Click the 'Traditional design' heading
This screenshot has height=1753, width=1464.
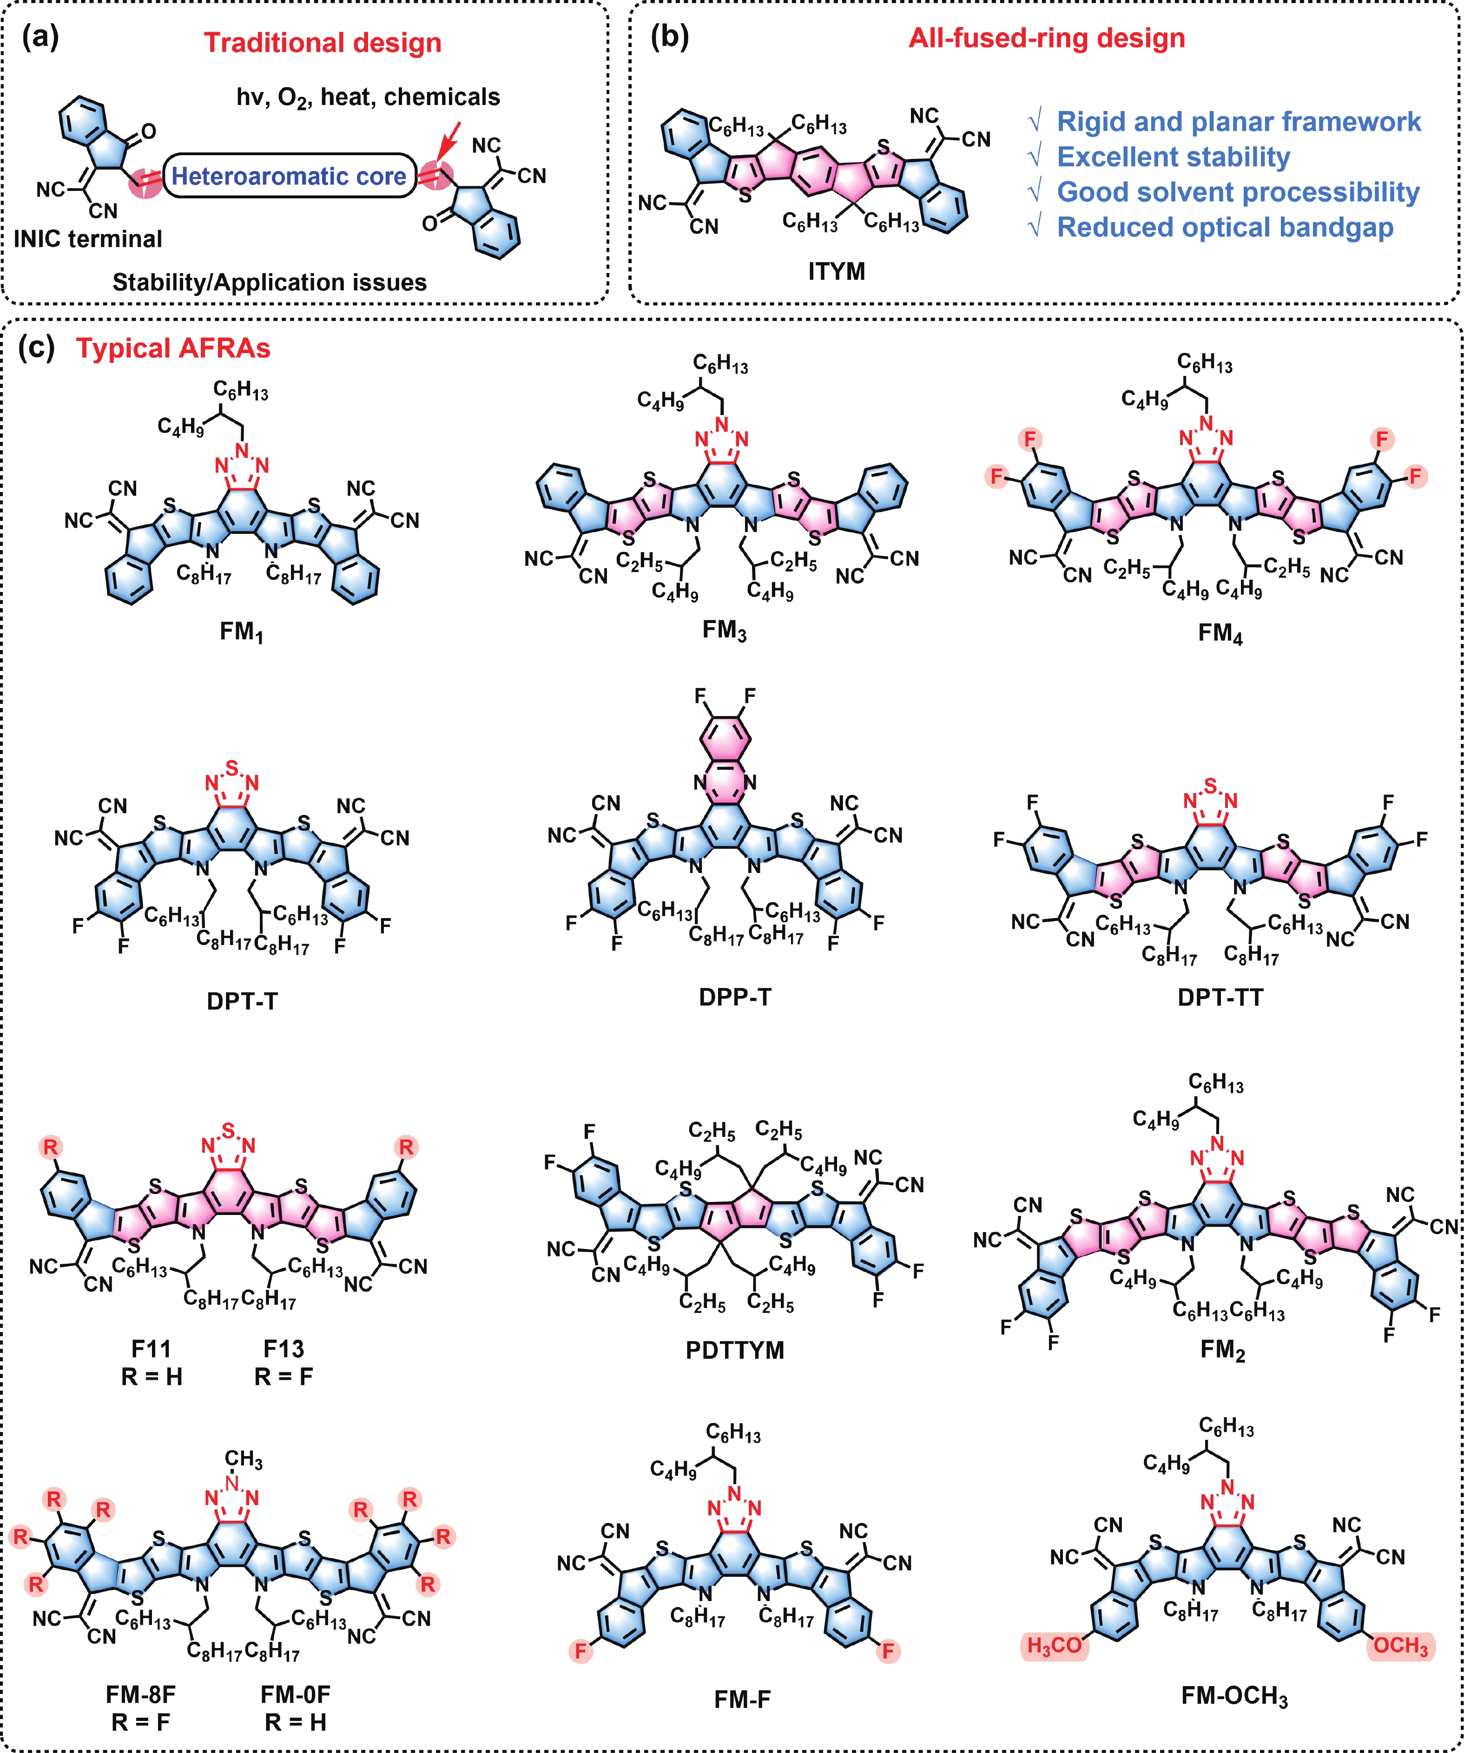[x=323, y=43]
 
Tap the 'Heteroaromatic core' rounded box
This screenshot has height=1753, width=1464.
[x=289, y=176]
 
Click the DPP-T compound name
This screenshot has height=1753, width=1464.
[x=735, y=997]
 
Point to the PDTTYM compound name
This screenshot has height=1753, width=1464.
[x=735, y=1351]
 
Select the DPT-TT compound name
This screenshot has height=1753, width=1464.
[x=1220, y=997]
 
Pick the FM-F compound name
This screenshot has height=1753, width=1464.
[x=742, y=1700]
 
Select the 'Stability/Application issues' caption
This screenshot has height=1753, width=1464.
[x=269, y=282]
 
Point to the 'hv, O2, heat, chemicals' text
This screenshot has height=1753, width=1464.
[x=368, y=98]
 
